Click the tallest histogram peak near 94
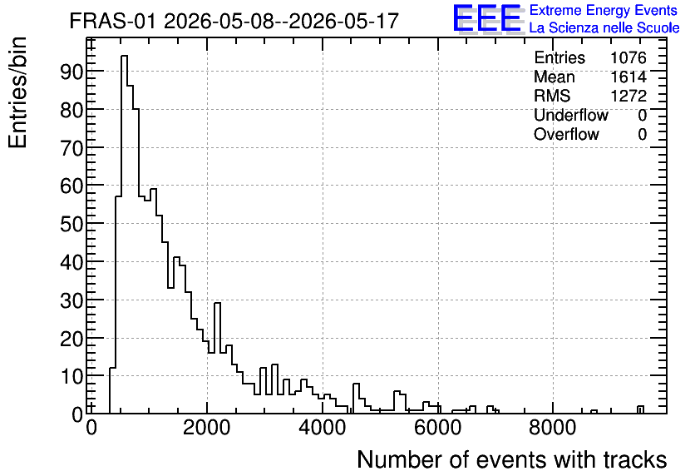pyautogui.click(x=124, y=56)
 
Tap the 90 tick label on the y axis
pyautogui.click(x=71, y=72)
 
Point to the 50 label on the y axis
pyautogui.click(x=71, y=224)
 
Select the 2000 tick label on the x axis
pyautogui.click(x=206, y=428)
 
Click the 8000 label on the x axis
pyautogui.click(x=553, y=428)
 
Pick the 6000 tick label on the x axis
pyautogui.click(x=437, y=428)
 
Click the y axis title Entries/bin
pyautogui.click(x=17, y=92)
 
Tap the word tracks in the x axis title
pyautogui.click(x=634, y=459)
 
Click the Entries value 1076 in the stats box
pyautogui.click(x=628, y=57)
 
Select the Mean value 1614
pyautogui.click(x=628, y=77)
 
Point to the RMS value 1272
pyautogui.click(x=628, y=96)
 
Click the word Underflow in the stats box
pyautogui.click(x=571, y=115)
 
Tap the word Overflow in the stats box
pyautogui.click(x=566, y=134)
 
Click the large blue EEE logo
pyautogui.click(x=487, y=18)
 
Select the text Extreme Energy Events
pyautogui.click(x=604, y=10)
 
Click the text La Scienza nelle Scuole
pyautogui.click(x=604, y=27)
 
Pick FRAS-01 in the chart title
pyautogui.click(x=112, y=21)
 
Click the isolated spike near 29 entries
pyautogui.click(x=217, y=304)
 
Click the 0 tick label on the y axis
pyautogui.click(x=77, y=414)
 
